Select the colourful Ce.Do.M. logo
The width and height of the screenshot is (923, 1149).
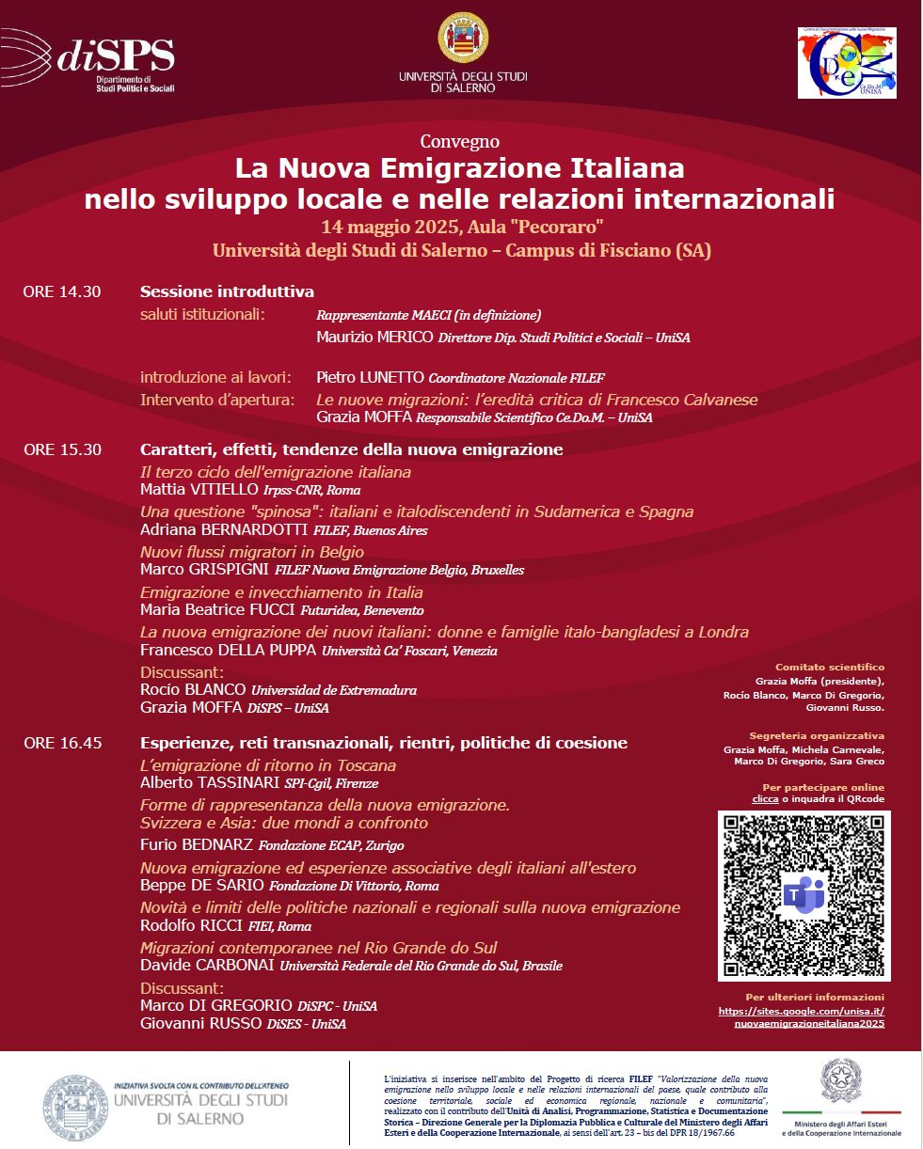coord(847,63)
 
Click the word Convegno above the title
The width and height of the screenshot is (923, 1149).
coord(460,142)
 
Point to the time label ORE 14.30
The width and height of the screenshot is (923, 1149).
coord(62,291)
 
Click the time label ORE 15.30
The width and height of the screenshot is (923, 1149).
coord(62,449)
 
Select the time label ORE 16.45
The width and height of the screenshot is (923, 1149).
coord(62,743)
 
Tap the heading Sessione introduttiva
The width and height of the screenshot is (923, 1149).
coord(227,291)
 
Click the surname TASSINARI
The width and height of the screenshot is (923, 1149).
coord(236,782)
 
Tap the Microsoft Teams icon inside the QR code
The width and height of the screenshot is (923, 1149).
coord(804,895)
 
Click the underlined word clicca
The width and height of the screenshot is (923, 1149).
coord(765,799)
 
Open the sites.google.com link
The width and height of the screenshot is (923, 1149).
coord(801,1017)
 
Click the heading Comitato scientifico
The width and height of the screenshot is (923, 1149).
coord(830,667)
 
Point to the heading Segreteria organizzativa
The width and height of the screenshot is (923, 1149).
coord(817,735)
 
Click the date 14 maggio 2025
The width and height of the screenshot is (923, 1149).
coord(389,227)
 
